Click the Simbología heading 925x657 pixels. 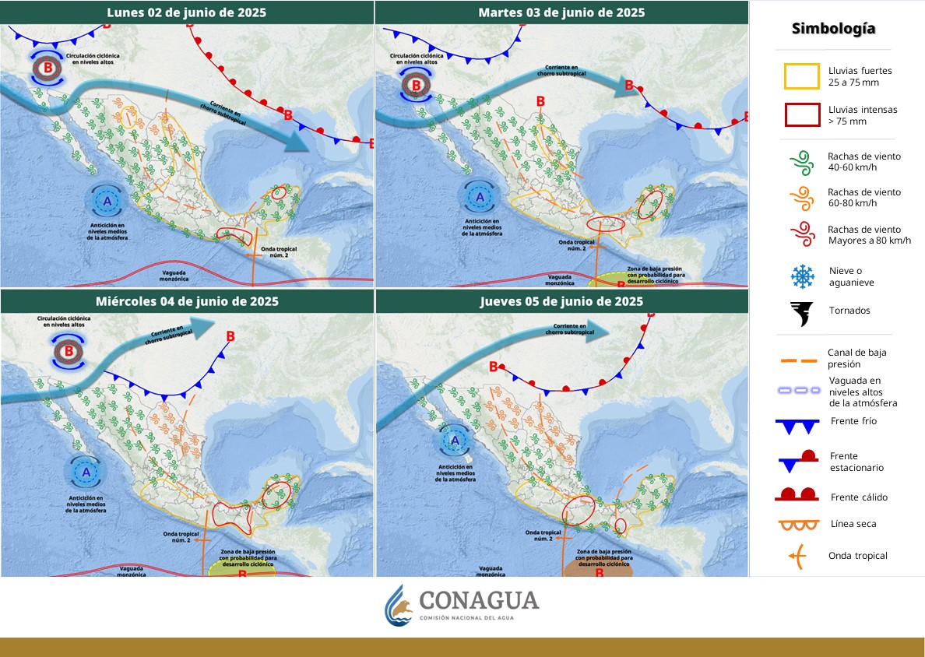tap(833, 29)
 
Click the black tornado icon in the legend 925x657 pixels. tap(801, 311)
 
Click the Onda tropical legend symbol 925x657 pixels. tap(798, 556)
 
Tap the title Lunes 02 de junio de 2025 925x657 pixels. tap(187, 12)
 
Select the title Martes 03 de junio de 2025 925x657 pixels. tap(561, 12)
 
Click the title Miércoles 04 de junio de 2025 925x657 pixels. tap(187, 300)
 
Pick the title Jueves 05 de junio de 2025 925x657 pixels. tap(561, 300)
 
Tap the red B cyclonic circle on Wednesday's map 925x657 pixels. tap(69, 352)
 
